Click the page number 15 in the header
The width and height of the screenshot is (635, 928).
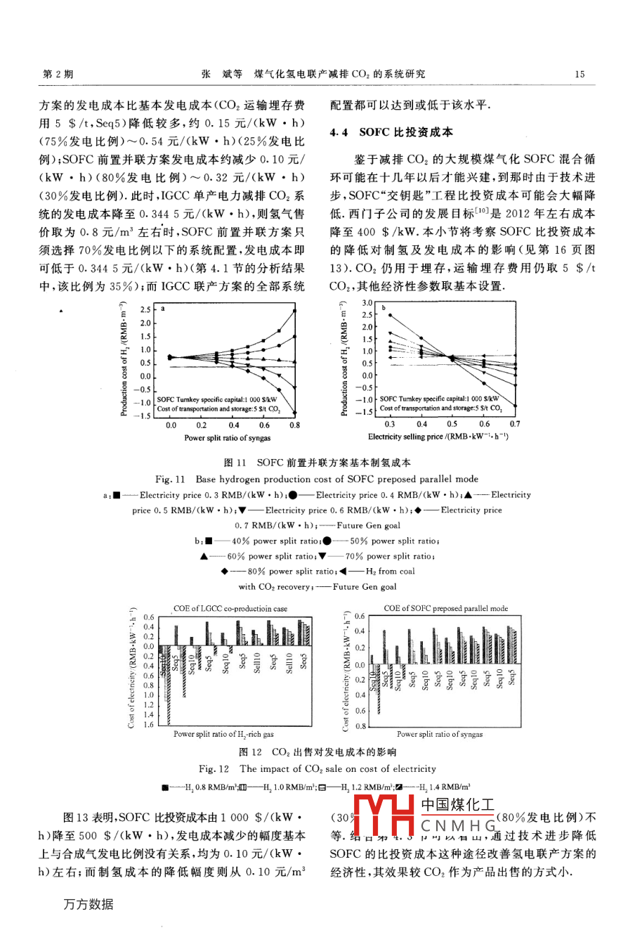click(580, 74)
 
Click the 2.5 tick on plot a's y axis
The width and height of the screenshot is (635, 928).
click(145, 309)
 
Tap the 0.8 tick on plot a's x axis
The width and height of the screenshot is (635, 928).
click(295, 425)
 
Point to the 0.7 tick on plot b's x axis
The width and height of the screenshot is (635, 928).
click(515, 424)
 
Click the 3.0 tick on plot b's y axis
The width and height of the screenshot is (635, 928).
click(367, 303)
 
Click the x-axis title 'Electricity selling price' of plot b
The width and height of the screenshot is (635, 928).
click(438, 437)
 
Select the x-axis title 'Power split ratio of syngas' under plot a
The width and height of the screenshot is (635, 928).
click(227, 437)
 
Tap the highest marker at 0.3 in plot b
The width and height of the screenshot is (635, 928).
click(390, 315)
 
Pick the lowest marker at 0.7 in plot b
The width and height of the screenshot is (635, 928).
click(515, 406)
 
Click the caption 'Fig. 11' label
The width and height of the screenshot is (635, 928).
click(170, 479)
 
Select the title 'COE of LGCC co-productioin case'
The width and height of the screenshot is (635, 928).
click(230, 609)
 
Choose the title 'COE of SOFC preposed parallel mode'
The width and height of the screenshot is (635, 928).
click(445, 608)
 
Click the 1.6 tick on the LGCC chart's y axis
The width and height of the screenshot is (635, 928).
click(148, 725)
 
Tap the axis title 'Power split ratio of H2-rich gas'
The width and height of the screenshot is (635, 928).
click(223, 735)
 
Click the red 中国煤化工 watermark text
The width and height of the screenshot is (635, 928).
click(457, 805)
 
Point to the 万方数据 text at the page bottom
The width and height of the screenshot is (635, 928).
click(88, 905)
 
